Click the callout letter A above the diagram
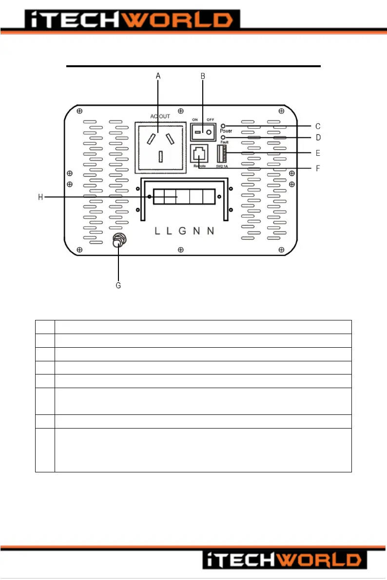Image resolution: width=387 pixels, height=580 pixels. coord(158,76)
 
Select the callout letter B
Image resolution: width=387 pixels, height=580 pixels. coord(203,76)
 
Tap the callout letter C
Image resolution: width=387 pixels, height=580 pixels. coord(318,126)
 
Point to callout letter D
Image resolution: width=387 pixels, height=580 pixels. coord(318,138)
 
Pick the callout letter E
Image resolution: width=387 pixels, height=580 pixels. coord(318,153)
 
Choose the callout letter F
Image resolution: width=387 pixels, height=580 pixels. coord(318,168)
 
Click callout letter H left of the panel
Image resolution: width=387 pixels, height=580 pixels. coord(41,197)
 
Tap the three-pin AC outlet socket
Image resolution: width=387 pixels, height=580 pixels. coord(160,147)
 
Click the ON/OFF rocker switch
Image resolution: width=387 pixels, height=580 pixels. coord(203,132)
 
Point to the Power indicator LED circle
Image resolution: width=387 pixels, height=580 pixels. coord(223,126)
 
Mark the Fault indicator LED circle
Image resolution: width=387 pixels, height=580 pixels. coord(223,138)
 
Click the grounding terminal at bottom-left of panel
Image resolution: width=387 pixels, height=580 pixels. coord(118,242)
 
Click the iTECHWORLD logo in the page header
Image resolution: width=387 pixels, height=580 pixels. coord(129,20)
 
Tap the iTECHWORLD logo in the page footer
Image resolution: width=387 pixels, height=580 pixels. coord(282,560)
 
